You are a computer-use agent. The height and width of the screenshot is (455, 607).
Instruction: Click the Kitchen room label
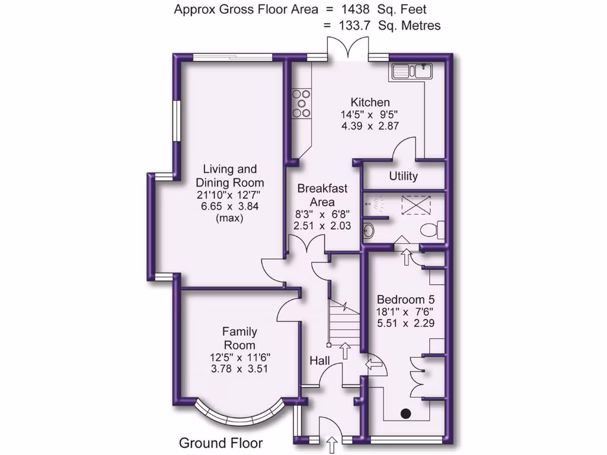click(370, 102)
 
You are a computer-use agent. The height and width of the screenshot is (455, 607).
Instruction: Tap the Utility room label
click(403, 176)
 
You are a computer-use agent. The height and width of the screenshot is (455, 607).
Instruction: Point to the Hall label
click(320, 360)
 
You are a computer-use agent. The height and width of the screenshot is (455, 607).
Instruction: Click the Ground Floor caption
click(221, 443)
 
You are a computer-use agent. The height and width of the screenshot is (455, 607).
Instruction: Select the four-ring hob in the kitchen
click(302, 103)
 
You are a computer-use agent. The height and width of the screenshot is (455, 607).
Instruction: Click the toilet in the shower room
click(432, 229)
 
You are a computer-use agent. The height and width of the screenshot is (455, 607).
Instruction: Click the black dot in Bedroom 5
click(406, 413)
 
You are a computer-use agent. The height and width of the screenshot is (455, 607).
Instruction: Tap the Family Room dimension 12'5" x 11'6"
click(239, 357)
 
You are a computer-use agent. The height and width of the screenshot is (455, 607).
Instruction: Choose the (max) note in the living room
click(230, 218)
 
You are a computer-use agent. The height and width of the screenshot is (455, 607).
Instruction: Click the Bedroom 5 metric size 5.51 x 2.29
click(405, 323)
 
